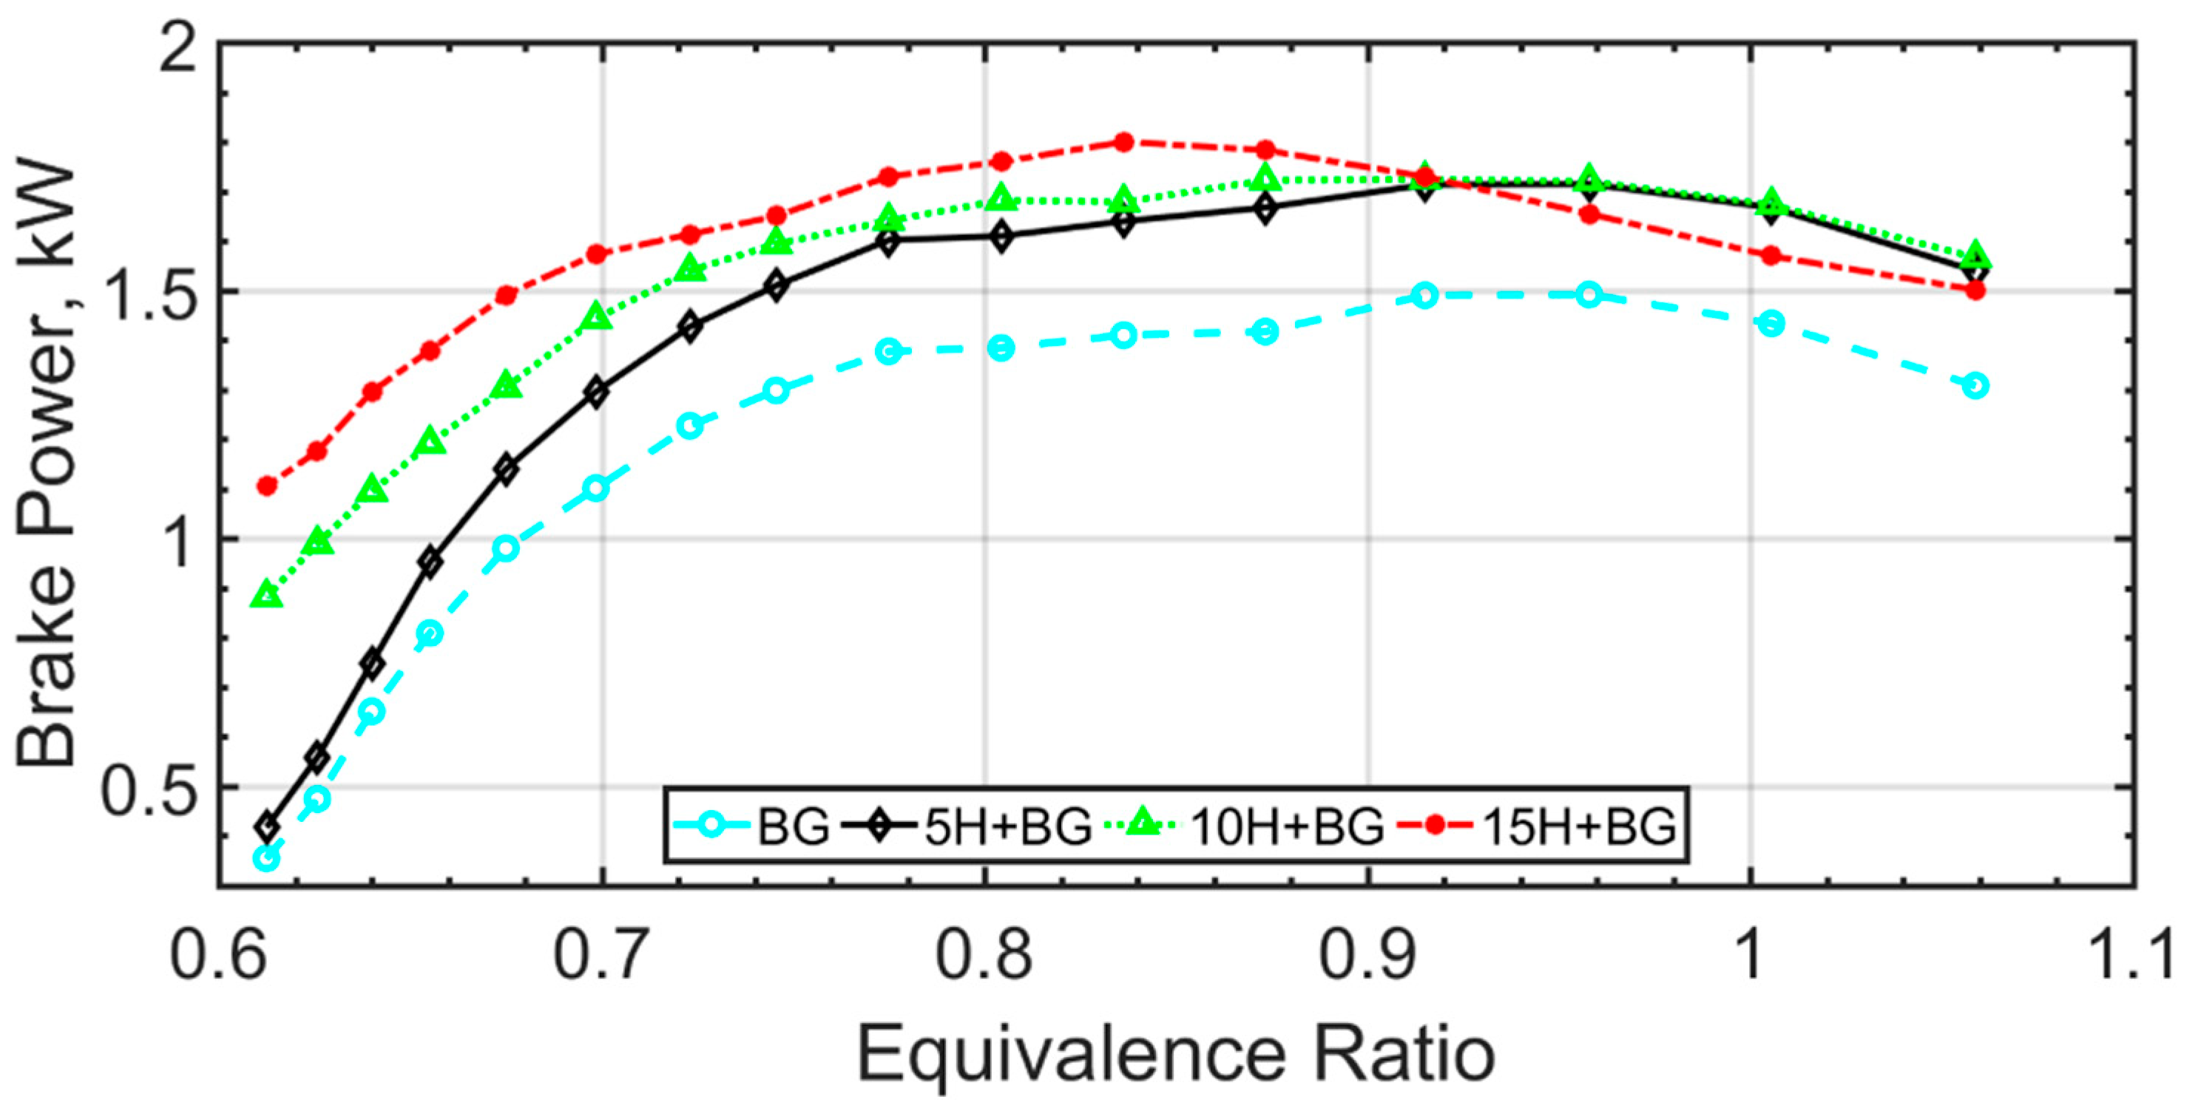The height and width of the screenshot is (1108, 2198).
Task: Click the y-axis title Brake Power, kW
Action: (47, 465)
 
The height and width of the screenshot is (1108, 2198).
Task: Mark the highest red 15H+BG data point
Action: (1123, 142)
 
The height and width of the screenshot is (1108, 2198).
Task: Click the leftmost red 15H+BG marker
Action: (267, 486)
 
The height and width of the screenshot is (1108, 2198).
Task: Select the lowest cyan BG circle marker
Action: (267, 858)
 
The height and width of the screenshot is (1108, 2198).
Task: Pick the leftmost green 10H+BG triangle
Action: (267, 594)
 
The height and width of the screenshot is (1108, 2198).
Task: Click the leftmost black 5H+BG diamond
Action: (267, 826)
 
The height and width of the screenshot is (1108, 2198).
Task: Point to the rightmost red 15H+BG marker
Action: (1975, 290)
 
